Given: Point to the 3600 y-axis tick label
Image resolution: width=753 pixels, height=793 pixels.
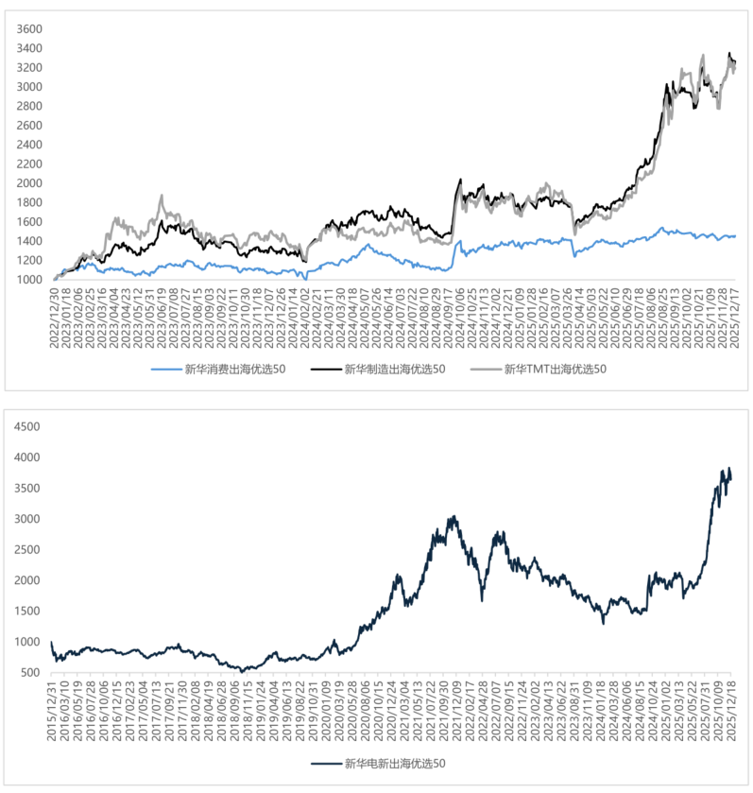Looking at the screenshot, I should pos(28,29).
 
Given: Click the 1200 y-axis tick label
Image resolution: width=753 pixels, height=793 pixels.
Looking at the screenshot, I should pos(28,260).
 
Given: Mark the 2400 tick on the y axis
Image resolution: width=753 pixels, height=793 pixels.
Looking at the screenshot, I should pos(28,145).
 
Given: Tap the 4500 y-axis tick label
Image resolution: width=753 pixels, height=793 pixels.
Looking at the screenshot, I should pos(28,426).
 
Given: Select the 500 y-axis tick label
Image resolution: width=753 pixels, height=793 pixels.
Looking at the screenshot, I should pos(32,672).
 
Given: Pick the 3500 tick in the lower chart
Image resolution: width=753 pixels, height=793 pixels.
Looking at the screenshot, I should pos(28,488).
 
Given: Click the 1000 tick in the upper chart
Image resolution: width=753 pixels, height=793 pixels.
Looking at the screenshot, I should pos(28,280).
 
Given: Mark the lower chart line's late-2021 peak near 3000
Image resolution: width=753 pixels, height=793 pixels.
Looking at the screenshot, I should pos(454,516).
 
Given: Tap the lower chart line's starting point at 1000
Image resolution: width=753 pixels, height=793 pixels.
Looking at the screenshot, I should pos(51,642).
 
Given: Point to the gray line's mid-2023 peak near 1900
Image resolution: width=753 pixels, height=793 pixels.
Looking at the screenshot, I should pos(162,196).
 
